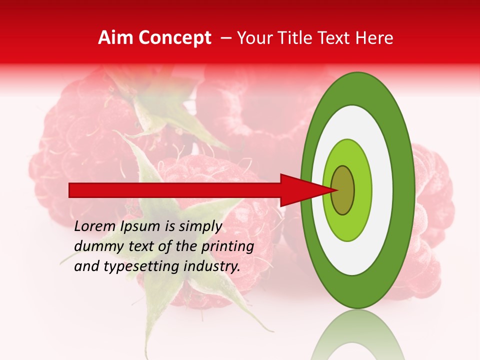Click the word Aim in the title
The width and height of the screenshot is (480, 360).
116,38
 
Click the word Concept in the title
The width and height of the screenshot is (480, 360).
174,38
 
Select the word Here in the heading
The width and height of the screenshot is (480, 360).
375,38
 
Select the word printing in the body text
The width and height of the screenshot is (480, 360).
227,246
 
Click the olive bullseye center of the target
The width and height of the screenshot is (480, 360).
343,190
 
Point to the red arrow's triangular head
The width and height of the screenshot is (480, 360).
300,190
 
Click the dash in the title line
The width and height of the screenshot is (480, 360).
225,38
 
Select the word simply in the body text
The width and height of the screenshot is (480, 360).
200,226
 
